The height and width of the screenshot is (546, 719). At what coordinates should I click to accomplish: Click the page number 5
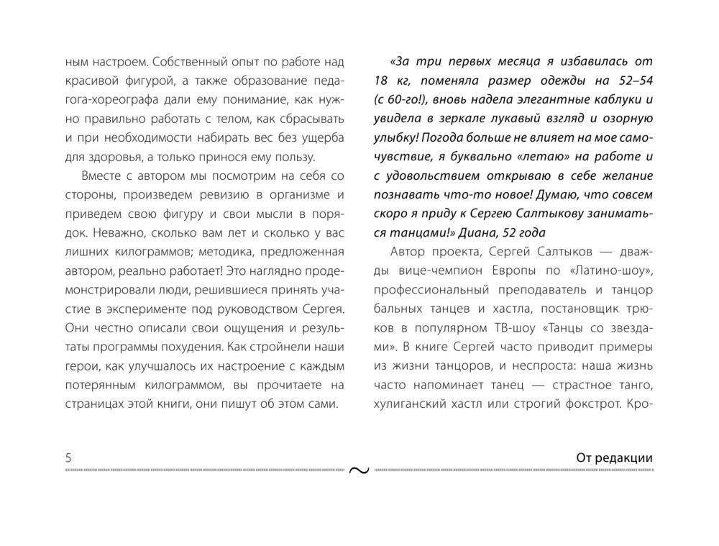pyautogui.click(x=68, y=458)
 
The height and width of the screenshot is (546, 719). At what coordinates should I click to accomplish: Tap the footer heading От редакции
pyautogui.click(x=614, y=458)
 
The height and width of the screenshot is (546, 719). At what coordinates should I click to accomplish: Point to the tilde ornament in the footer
pyautogui.click(x=359, y=470)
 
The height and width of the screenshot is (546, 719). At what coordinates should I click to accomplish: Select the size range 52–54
pyautogui.click(x=631, y=81)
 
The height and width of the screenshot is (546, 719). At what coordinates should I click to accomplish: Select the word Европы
pyautogui.click(x=521, y=270)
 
